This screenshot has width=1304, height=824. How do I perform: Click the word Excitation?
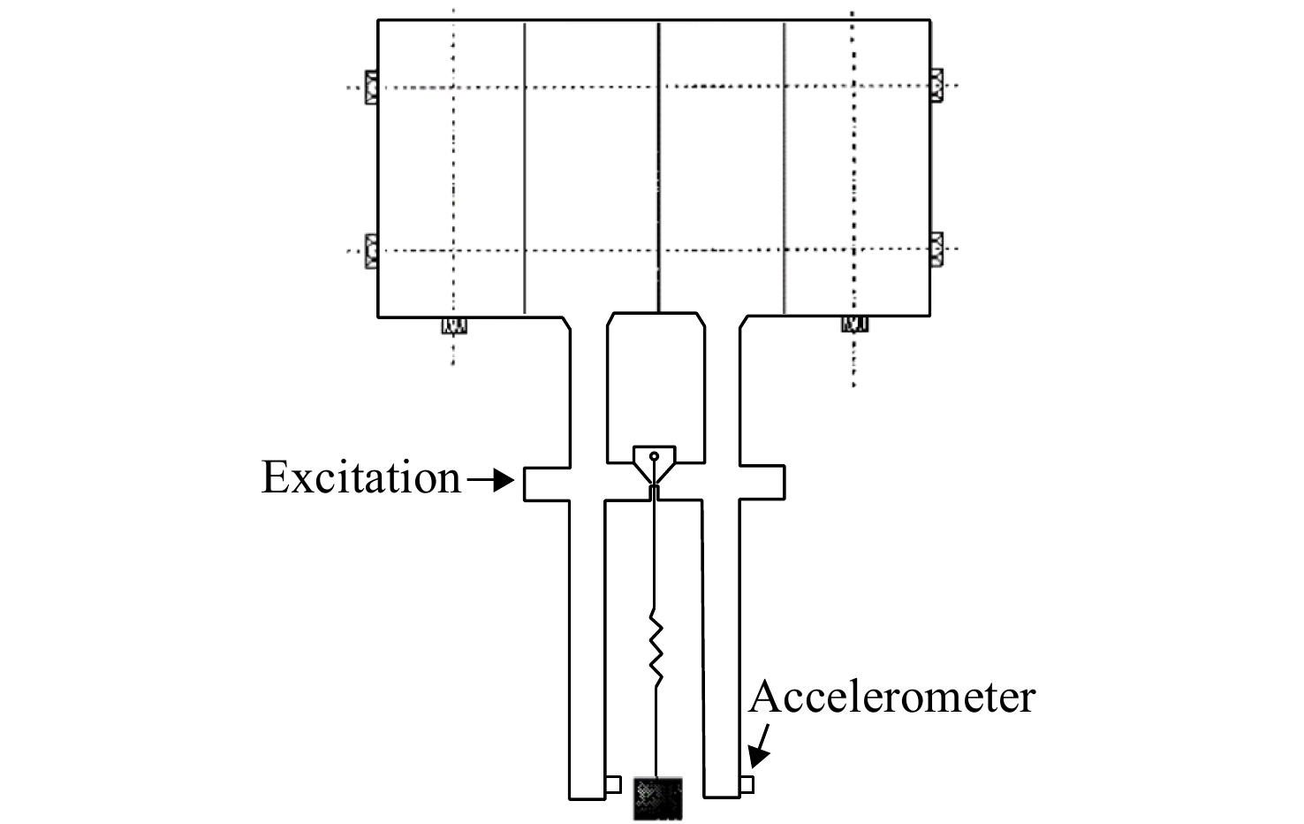[361, 477]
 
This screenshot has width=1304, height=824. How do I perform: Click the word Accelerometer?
[891, 697]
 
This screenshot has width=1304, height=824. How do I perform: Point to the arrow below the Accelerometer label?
[759, 746]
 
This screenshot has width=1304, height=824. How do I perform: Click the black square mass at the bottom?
[658, 798]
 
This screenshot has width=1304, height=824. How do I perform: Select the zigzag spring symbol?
[656, 648]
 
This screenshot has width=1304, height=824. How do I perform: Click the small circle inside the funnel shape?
[655, 455]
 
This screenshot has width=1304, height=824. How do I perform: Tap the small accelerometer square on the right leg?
[747, 785]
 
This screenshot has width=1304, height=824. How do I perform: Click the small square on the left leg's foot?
[613, 784]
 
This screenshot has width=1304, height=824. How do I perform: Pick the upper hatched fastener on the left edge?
[371, 88]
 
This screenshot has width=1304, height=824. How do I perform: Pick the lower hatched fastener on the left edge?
[371, 251]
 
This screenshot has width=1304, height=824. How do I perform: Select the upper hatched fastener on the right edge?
[936, 86]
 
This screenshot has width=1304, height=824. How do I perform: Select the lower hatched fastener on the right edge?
[936, 249]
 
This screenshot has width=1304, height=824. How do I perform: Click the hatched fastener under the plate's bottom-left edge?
[454, 325]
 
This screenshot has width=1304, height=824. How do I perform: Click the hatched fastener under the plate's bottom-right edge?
[854, 324]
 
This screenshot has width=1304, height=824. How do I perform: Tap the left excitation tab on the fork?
[547, 484]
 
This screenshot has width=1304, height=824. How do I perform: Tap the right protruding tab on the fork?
[762, 483]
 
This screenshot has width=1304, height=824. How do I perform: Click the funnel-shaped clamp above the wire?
[655, 465]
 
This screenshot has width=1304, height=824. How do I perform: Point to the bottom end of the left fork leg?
[587, 798]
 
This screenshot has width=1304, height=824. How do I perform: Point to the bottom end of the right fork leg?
[722, 797]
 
